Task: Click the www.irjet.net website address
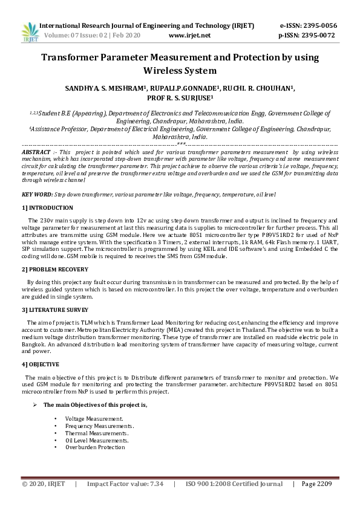tap(189, 36)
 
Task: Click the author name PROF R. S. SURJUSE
tap(179, 97)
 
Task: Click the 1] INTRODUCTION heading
tap(47, 207)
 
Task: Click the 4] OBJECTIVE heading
tap(40, 365)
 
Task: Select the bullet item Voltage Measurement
tap(94, 419)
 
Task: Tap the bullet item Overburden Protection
tap(95, 447)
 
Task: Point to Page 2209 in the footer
tap(316, 484)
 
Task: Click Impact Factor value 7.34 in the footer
tap(125, 484)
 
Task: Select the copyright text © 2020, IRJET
tap(43, 484)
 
